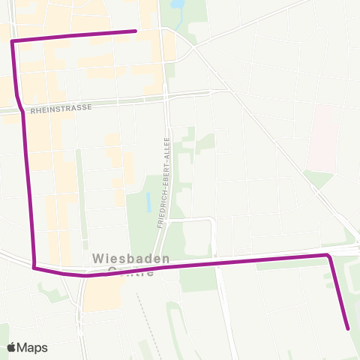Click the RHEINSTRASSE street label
click(61, 108)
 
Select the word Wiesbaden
click(130, 257)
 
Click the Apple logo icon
click(11, 347)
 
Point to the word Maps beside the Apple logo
click(32, 347)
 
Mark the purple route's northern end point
click(135, 31)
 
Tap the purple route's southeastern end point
click(348, 328)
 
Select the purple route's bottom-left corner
click(34, 266)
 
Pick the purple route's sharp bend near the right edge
click(328, 256)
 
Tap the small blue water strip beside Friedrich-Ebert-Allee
click(148, 201)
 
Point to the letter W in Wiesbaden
click(97, 257)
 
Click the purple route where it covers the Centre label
click(131, 271)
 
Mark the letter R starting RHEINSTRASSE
click(33, 109)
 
